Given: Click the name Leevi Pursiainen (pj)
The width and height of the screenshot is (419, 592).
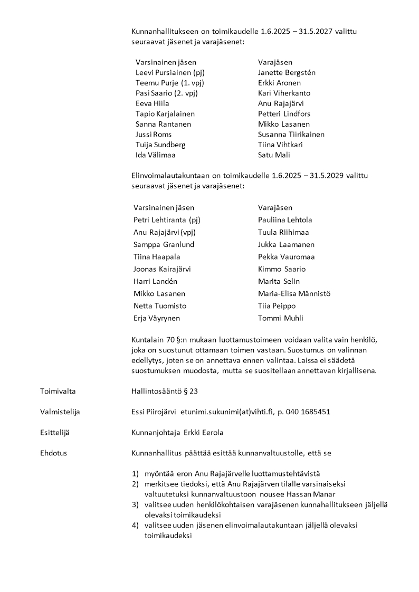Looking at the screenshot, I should point(169,73).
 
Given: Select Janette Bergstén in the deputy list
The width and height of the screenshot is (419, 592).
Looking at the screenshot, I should point(287,73).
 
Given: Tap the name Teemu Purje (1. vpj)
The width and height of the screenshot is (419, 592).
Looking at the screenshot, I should point(169,83).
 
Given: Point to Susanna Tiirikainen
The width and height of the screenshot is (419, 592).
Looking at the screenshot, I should point(291,135).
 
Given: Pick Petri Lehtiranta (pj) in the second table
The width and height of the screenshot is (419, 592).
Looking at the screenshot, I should point(167,220).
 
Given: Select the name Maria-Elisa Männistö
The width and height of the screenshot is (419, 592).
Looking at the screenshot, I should point(294,293).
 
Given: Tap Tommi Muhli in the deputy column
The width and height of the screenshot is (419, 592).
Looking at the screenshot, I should point(280,318).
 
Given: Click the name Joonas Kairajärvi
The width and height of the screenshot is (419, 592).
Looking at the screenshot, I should point(162,269).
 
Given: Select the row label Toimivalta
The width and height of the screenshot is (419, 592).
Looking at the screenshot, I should point(58,391).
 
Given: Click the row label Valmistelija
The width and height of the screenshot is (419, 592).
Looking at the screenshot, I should point(60,412).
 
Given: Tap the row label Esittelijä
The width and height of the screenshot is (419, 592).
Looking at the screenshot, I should point(54,433).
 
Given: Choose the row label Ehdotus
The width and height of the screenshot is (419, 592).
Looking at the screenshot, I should point(53,453).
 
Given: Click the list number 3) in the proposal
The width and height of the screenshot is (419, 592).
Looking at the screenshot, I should point(135,504).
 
